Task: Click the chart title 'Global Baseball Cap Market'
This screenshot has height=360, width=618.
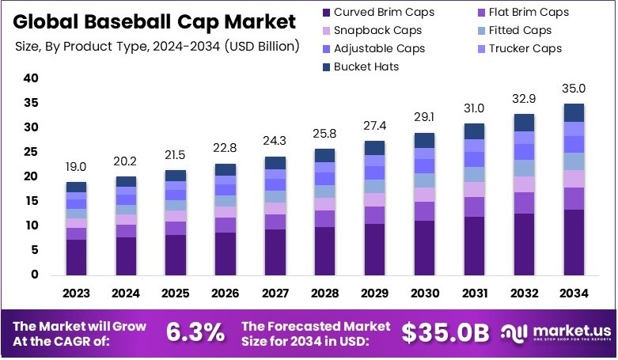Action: pyautogui.click(x=156, y=21)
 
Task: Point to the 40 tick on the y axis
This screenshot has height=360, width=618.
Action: pyautogui.click(x=31, y=78)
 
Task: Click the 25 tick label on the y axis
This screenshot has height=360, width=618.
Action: pyautogui.click(x=31, y=152)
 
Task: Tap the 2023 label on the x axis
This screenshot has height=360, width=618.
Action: pyautogui.click(x=76, y=294)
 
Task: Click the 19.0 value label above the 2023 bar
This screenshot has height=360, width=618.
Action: pyautogui.click(x=76, y=168)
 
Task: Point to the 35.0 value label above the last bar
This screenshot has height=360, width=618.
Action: pyautogui.click(x=574, y=89)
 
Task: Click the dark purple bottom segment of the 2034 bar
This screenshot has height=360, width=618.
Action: pyautogui.click(x=574, y=242)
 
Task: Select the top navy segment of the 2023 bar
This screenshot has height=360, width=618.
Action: pyautogui.click(x=76, y=187)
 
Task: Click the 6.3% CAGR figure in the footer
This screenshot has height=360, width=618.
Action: pyautogui.click(x=195, y=333)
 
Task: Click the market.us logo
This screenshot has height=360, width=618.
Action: pyautogui.click(x=553, y=333)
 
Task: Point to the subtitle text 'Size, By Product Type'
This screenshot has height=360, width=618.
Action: pyautogui.click(x=79, y=46)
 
